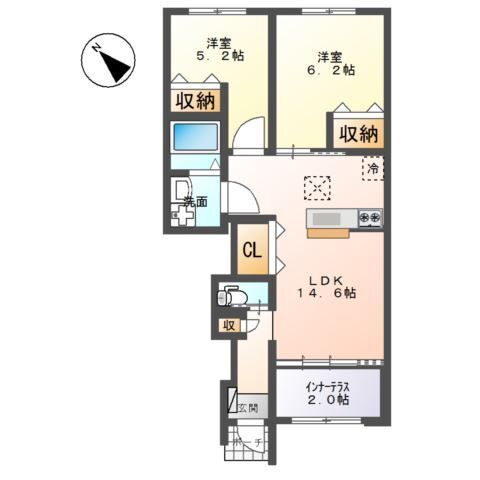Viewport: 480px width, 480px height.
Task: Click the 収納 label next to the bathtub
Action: click(196, 100)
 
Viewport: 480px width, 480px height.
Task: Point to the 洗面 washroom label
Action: click(195, 202)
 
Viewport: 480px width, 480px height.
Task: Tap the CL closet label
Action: click(253, 251)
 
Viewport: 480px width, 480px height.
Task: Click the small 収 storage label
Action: click(228, 324)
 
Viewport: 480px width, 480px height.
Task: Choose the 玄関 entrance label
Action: click(248, 406)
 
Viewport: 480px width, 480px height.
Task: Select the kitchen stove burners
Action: click(370, 217)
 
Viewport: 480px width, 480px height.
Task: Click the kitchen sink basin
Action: click(327, 218)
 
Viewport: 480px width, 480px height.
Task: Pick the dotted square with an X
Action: click(317, 185)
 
